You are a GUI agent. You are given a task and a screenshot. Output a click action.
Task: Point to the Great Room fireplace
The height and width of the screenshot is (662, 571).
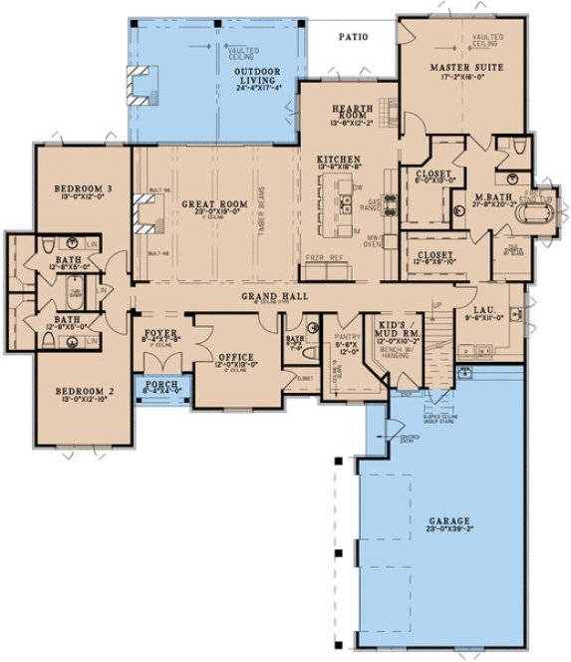coord(144,212)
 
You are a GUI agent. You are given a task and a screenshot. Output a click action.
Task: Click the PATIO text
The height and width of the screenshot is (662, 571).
coord(352,37)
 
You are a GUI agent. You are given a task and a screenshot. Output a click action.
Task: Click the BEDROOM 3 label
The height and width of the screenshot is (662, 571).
coord(80,187)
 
